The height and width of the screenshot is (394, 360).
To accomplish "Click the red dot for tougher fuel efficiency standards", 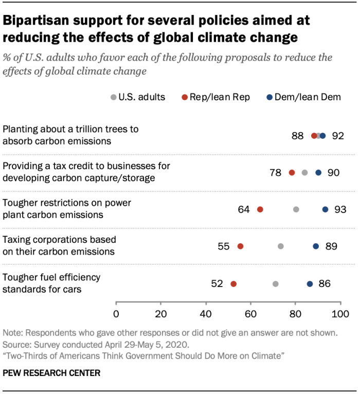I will point(233,283).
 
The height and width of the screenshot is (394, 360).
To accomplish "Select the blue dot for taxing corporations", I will point(316,246).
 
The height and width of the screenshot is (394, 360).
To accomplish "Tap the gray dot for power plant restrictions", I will point(296,209).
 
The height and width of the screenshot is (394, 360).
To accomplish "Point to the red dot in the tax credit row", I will point(292,172).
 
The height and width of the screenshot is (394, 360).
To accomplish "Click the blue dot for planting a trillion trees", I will point(323,136).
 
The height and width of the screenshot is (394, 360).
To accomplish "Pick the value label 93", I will point(340,209).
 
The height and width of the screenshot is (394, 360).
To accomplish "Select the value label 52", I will point(217,283).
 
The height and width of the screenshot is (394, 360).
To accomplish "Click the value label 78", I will point(276,172).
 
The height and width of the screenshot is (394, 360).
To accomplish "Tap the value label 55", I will point(224,246).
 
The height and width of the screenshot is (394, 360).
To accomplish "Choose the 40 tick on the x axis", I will point(206,314).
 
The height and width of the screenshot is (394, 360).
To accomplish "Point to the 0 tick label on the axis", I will point(116,314).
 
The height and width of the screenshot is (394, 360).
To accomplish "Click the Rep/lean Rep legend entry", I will point(216,97).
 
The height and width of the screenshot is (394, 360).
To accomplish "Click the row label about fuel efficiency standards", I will point(51,283).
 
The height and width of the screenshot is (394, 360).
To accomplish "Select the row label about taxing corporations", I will point(59,246).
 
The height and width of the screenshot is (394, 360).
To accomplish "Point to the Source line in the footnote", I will point(97,344).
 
